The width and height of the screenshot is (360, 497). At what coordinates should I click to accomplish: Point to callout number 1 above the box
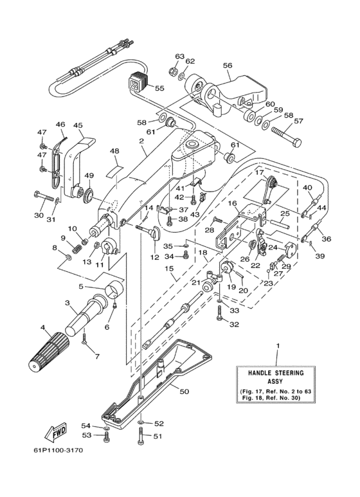[278, 347]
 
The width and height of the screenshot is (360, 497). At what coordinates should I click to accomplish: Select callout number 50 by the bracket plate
[183, 391]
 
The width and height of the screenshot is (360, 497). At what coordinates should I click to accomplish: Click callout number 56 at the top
[227, 66]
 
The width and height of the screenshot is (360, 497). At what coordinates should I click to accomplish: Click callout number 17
[259, 172]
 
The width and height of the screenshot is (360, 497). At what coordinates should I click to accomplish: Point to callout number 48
[114, 151]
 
